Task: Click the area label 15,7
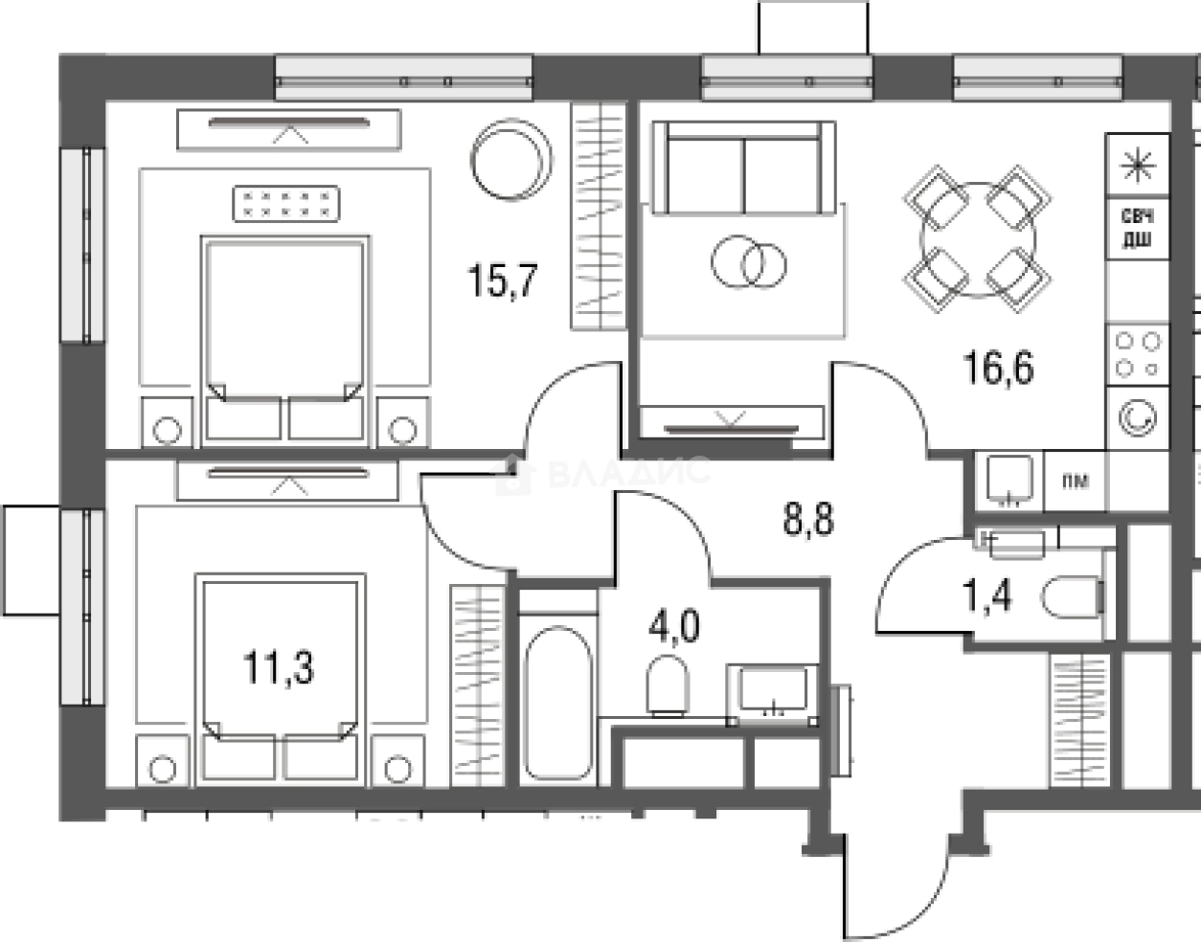click(x=502, y=280)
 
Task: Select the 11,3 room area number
click(x=279, y=667)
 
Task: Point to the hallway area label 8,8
click(x=808, y=519)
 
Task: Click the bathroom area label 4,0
click(x=674, y=625)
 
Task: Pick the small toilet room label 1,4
click(x=987, y=595)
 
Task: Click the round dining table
click(x=977, y=239)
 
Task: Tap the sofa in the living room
click(x=744, y=168)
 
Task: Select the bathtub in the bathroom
click(x=557, y=703)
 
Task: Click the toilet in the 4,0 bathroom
click(x=668, y=686)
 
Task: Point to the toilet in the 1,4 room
click(x=1074, y=597)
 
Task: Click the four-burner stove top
click(x=1138, y=354)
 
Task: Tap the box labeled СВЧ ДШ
click(x=1138, y=228)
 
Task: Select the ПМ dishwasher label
click(x=1075, y=482)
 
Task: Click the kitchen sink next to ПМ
click(x=1009, y=481)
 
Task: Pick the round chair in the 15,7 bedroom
click(x=511, y=160)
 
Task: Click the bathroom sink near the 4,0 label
click(x=773, y=694)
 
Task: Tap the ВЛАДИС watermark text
click(x=628, y=471)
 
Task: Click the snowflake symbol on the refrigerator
click(x=1138, y=166)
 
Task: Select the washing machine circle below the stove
click(x=1138, y=418)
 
